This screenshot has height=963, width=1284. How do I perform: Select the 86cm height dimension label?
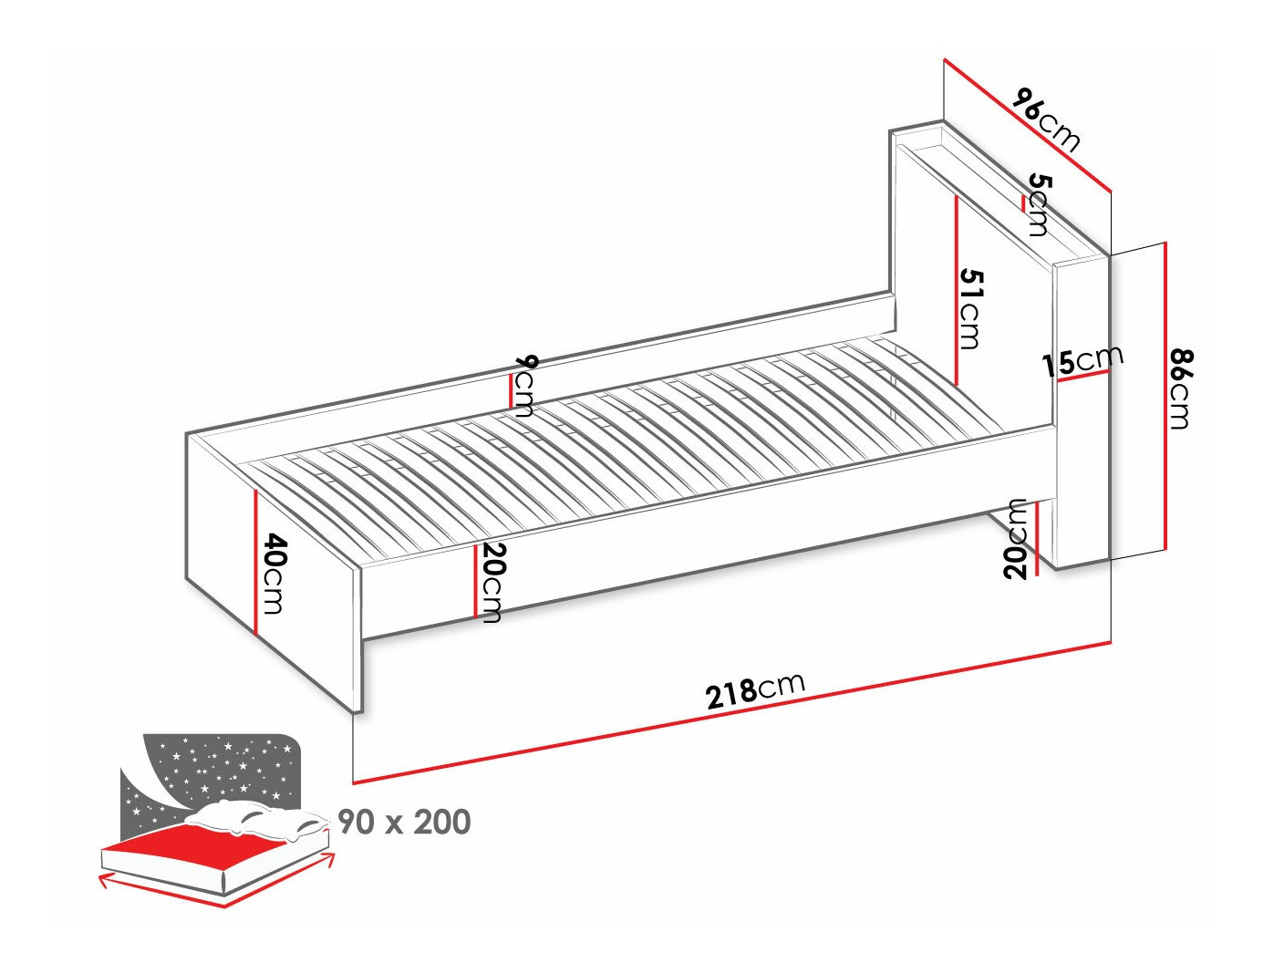(x=1180, y=388)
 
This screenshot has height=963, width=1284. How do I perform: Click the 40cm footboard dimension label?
(x=274, y=574)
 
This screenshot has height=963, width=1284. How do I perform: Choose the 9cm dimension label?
(x=522, y=387)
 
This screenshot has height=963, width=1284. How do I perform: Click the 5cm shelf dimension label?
(x=1039, y=204)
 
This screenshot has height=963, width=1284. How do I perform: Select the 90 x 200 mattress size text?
(x=404, y=822)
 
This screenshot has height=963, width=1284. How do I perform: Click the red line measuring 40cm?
(x=255, y=562)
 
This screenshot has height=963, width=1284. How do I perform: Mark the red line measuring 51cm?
(x=956, y=291)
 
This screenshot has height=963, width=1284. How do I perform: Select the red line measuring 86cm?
(x=1165, y=396)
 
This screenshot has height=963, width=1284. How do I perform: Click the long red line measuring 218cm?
(x=731, y=712)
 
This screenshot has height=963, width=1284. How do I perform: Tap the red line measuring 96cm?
(x=1027, y=125)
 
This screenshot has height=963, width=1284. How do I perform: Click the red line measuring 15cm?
(x=1082, y=376)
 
